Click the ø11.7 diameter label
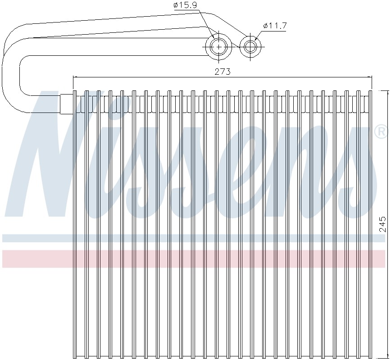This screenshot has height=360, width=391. [274, 26]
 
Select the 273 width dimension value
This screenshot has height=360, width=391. [223, 71]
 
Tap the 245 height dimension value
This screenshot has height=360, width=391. [382, 224]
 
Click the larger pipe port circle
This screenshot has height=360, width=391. [218, 46]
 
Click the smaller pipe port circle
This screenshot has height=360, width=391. [250, 46]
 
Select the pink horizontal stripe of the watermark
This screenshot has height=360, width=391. [194, 259]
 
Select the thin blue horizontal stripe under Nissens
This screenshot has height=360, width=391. [194, 238]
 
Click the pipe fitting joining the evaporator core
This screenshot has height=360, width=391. [67, 103]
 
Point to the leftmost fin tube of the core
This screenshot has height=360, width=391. [75, 225]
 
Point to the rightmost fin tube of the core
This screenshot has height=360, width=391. [371, 225]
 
